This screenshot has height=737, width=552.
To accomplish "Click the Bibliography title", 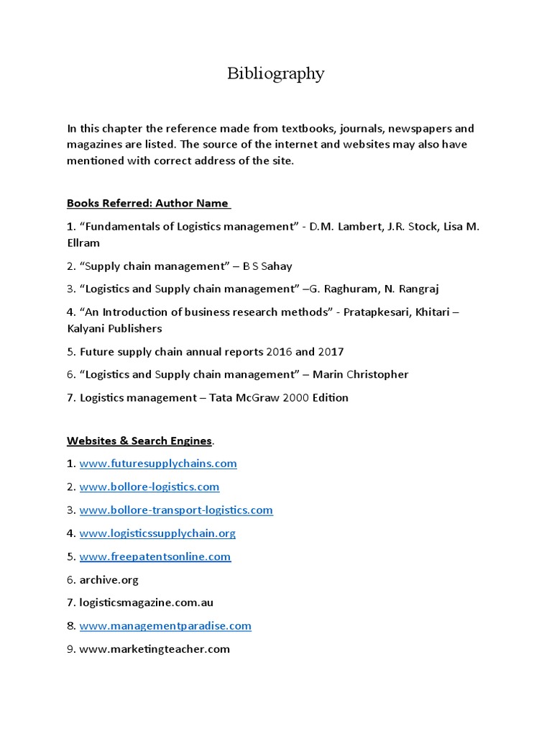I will click(x=276, y=73).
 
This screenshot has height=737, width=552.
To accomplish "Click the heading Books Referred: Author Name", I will click(x=148, y=203).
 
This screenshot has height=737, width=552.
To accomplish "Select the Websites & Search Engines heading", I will click(x=139, y=440).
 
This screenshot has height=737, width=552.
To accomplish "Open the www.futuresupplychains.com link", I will click(x=158, y=464).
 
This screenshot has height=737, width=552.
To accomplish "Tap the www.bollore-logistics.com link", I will click(x=149, y=487).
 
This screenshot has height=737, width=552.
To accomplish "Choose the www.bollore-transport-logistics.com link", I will click(x=176, y=510).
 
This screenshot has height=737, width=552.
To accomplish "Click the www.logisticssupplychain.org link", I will click(x=157, y=533).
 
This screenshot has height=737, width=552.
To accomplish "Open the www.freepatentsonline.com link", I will click(x=155, y=556).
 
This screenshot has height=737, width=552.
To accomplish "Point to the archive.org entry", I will click(x=109, y=579).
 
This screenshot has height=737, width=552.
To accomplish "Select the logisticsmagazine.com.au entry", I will click(x=146, y=602).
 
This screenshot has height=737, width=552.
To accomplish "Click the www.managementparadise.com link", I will click(x=165, y=625).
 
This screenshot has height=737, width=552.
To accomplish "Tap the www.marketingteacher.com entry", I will click(x=155, y=648).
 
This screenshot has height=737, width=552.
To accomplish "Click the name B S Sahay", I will click(x=267, y=266).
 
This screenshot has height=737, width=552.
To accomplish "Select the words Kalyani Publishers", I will click(x=114, y=328).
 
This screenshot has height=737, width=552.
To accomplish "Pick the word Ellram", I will click(x=83, y=243).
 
